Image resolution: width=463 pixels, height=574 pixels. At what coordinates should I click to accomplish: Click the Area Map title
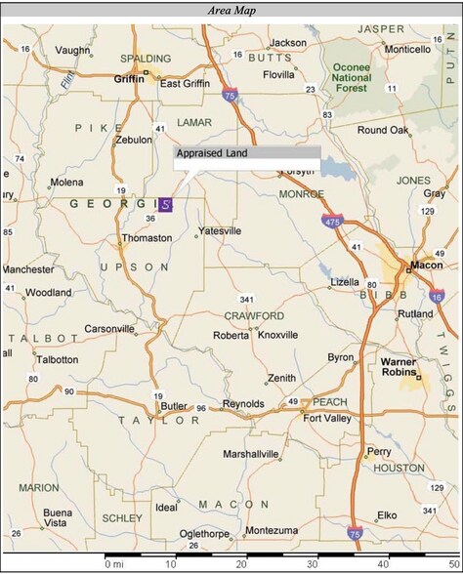click(231, 10)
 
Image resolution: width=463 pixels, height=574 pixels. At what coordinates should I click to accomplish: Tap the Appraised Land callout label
click(212, 153)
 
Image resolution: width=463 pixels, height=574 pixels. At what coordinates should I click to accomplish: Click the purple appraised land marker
click(166, 205)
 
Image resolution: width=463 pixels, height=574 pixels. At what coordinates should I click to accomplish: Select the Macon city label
click(427, 265)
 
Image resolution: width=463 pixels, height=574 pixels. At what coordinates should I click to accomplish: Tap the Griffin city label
click(129, 80)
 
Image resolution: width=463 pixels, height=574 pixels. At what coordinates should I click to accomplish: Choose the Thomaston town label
click(147, 238)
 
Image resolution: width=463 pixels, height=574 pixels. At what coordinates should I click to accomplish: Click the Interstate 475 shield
click(334, 223)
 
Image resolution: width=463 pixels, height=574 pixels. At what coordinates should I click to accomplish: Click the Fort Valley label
click(327, 419)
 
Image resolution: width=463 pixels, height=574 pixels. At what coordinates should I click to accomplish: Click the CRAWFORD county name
click(253, 316)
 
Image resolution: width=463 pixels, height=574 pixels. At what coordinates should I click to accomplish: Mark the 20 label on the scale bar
click(240, 564)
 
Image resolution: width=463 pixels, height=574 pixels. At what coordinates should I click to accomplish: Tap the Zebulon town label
click(134, 140)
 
